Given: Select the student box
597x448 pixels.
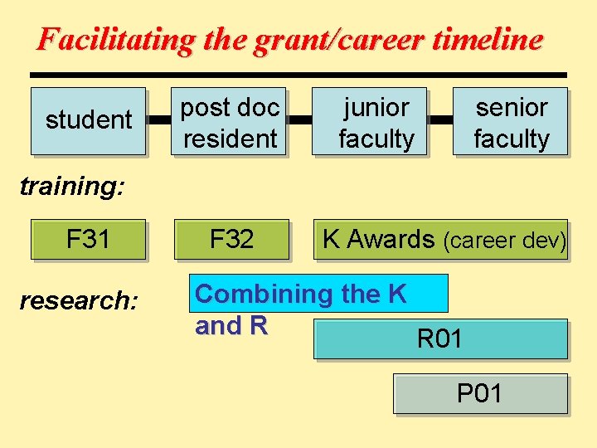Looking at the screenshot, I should click(x=89, y=120).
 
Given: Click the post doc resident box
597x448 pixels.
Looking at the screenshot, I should click(x=230, y=122).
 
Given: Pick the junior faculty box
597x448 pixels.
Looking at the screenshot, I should click(x=376, y=122).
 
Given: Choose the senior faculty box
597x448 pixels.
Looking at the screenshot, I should click(x=511, y=122).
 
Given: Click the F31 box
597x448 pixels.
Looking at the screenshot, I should click(x=88, y=240).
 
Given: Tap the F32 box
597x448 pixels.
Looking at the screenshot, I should click(x=231, y=240).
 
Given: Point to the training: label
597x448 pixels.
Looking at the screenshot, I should click(x=71, y=186).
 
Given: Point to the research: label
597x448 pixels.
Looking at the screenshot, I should click(x=79, y=300).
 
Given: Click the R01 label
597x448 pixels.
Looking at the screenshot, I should click(x=439, y=338).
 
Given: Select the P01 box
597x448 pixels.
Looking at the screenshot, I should click(x=480, y=394).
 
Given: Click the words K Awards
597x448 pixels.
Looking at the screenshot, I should click(x=378, y=239).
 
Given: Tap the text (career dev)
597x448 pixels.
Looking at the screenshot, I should click(x=504, y=241).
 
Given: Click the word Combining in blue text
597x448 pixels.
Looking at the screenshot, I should click(x=263, y=294).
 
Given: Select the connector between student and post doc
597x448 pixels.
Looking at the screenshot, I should click(x=158, y=120).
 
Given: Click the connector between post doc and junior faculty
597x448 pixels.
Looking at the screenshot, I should click(x=299, y=120).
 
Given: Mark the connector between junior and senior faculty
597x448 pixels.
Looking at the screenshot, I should click(x=439, y=120).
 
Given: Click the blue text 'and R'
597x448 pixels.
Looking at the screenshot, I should click(x=231, y=326).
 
